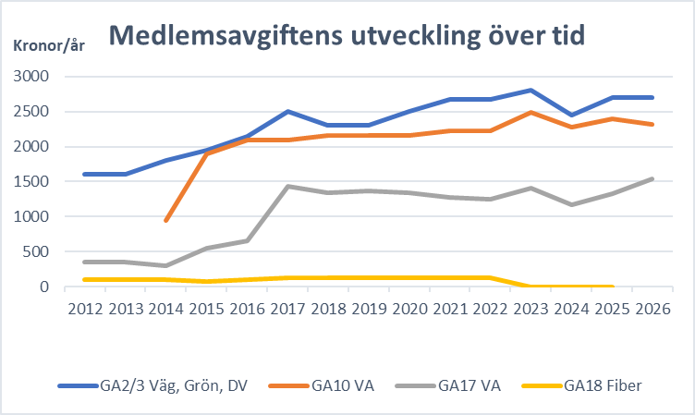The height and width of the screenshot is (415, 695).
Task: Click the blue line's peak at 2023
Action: tap(530, 90)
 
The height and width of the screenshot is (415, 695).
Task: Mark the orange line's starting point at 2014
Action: tap(165, 221)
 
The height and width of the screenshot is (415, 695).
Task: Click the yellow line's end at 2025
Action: tap(612, 287)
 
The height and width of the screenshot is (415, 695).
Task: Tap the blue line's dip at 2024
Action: tap(571, 115)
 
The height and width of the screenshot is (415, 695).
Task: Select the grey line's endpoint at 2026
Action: tap(652, 178)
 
